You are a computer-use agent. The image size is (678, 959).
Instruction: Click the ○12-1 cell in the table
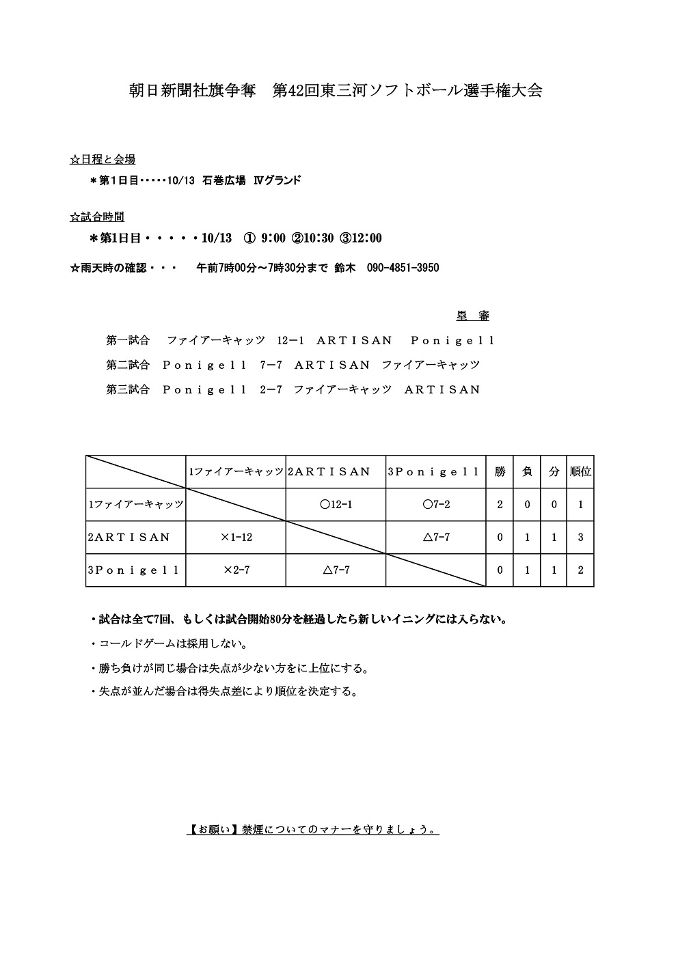click(x=336, y=505)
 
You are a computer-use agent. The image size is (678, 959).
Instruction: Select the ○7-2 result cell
click(x=436, y=505)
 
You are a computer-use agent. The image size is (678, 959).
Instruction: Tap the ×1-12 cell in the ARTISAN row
click(x=236, y=538)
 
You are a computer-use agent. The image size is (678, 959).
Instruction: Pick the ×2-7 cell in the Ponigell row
click(x=236, y=570)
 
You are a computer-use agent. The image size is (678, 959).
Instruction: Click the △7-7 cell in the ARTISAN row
click(x=436, y=538)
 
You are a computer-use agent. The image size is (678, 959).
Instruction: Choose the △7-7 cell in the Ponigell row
click(x=336, y=570)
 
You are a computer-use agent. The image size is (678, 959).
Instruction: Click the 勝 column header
click(x=500, y=471)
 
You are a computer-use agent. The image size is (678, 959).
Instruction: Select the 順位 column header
click(x=580, y=471)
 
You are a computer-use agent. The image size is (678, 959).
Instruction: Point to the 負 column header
click(x=527, y=471)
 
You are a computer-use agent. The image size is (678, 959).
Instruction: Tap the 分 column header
click(x=554, y=471)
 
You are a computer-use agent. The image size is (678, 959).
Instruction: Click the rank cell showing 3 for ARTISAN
click(x=580, y=538)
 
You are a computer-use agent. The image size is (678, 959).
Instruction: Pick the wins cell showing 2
click(x=500, y=505)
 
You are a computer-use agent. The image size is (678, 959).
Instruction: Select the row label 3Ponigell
click(x=134, y=570)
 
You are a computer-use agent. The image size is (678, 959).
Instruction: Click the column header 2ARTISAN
click(x=329, y=471)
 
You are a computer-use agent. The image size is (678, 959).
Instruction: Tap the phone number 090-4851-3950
click(x=403, y=268)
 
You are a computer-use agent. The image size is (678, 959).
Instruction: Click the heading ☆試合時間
click(x=97, y=217)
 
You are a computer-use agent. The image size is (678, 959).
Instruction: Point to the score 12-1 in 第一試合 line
click(x=290, y=340)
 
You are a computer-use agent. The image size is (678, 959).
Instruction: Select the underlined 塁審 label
click(x=473, y=316)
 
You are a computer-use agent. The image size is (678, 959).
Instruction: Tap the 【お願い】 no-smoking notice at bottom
click(x=312, y=830)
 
